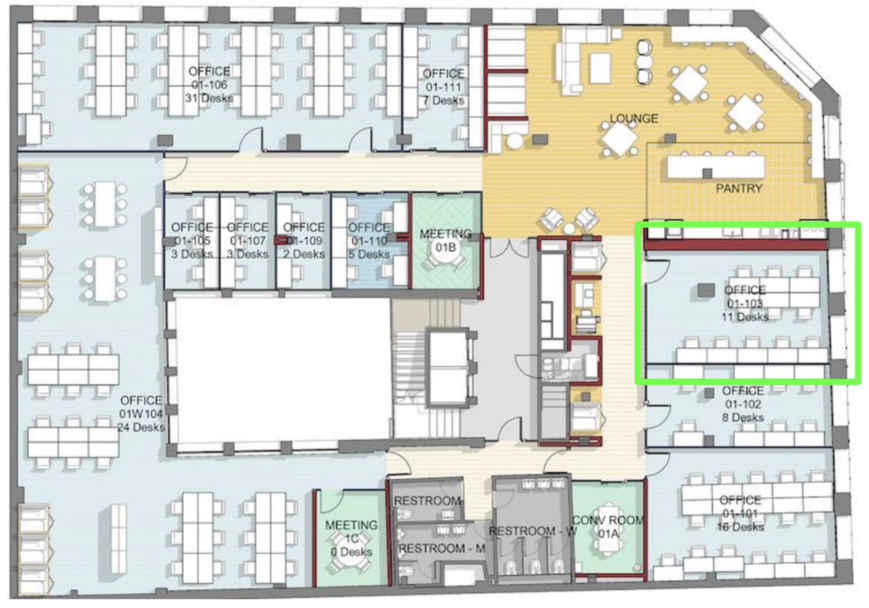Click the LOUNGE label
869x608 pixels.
tap(633, 119)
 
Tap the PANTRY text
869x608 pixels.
tap(739, 188)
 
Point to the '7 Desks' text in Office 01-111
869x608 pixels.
tap(443, 101)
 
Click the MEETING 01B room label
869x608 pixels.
tap(445, 240)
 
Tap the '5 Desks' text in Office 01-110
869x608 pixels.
tap(369, 254)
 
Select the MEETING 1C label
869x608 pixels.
tap(352, 531)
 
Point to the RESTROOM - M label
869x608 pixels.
tap(442, 549)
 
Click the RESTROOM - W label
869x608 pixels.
tap(533, 531)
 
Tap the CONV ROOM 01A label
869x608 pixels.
tap(608, 527)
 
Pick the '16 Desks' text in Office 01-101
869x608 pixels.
tap(741, 527)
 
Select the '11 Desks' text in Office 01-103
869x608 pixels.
tap(745, 318)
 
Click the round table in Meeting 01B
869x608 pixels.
tap(445, 248)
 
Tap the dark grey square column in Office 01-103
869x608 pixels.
tap(705, 290)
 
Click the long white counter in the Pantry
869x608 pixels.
tap(716, 167)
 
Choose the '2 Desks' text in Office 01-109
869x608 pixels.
tap(303, 254)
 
